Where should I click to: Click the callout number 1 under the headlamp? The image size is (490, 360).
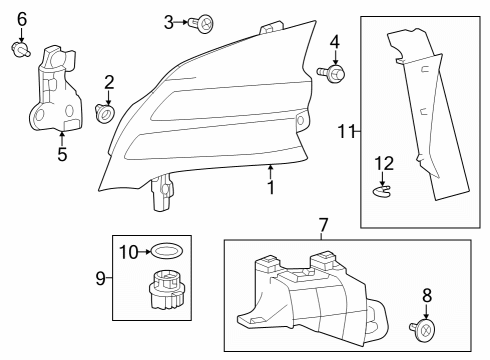click(270, 187)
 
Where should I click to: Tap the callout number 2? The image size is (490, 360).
click(109, 82)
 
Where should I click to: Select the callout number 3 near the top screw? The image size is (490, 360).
click(169, 20)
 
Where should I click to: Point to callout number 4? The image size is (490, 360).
click(335, 42)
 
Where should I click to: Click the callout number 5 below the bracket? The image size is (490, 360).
click(62, 154)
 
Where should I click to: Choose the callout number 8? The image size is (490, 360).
click(427, 295)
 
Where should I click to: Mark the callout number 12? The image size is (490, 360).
click(383, 162)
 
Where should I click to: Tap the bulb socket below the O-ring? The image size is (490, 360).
click(166, 292)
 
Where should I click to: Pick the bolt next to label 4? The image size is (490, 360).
click(331, 72)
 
